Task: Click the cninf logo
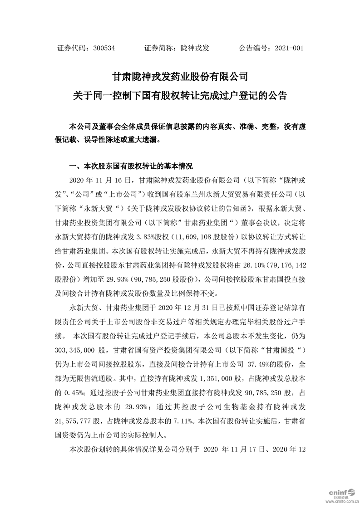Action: pyautogui.click(x=338, y=492)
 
